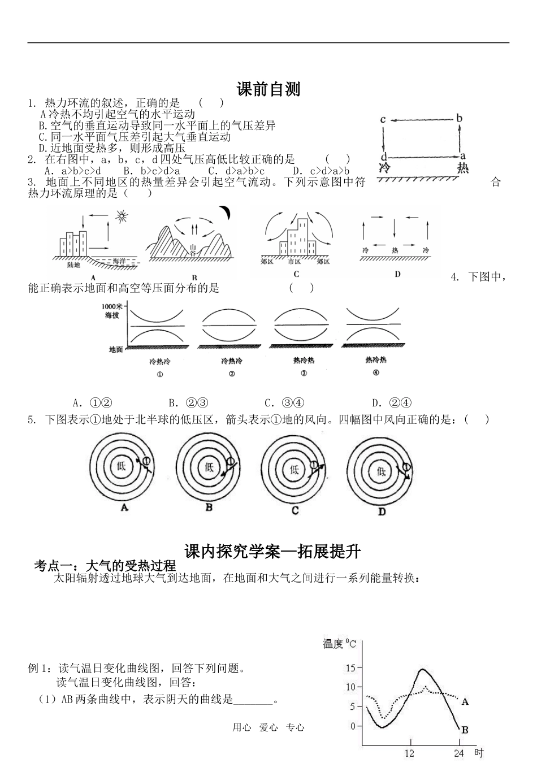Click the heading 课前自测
[x=268, y=89]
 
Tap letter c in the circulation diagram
[x=383, y=119]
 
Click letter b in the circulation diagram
[x=460, y=118]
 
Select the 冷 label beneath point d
[x=384, y=168]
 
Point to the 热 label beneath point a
[x=462, y=168]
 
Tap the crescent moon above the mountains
[x=226, y=212]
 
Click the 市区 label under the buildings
[x=295, y=262]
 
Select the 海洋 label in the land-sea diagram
[x=119, y=261]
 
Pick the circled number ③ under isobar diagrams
[x=304, y=373]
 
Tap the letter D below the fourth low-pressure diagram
[x=382, y=511]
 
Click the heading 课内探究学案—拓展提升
[x=272, y=552]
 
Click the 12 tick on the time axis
[x=410, y=753]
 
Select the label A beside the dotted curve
[x=465, y=702]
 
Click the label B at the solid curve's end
[x=465, y=730]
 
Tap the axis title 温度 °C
[x=339, y=643]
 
